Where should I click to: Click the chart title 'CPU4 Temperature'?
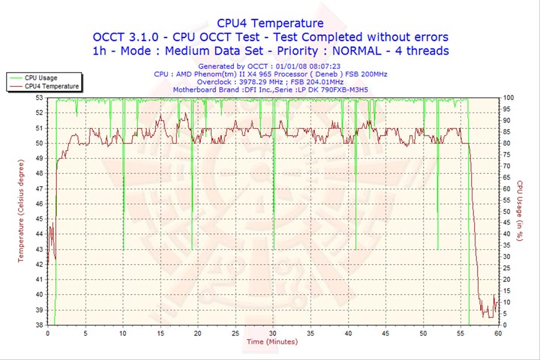(270, 23)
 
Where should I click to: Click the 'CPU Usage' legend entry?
(40, 77)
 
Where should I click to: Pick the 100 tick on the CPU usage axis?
(508, 97)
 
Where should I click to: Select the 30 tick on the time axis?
(273, 333)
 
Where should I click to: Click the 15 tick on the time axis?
(160, 333)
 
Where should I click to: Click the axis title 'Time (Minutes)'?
(271, 342)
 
